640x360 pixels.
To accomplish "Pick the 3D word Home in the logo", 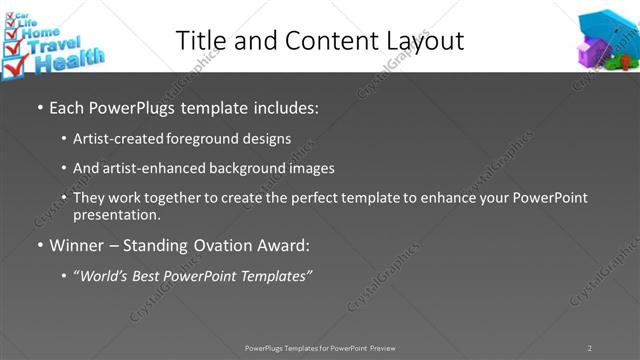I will click(x=43, y=30).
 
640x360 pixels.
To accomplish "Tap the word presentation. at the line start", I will click(x=117, y=215).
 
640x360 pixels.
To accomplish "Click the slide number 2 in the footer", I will click(x=589, y=348).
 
